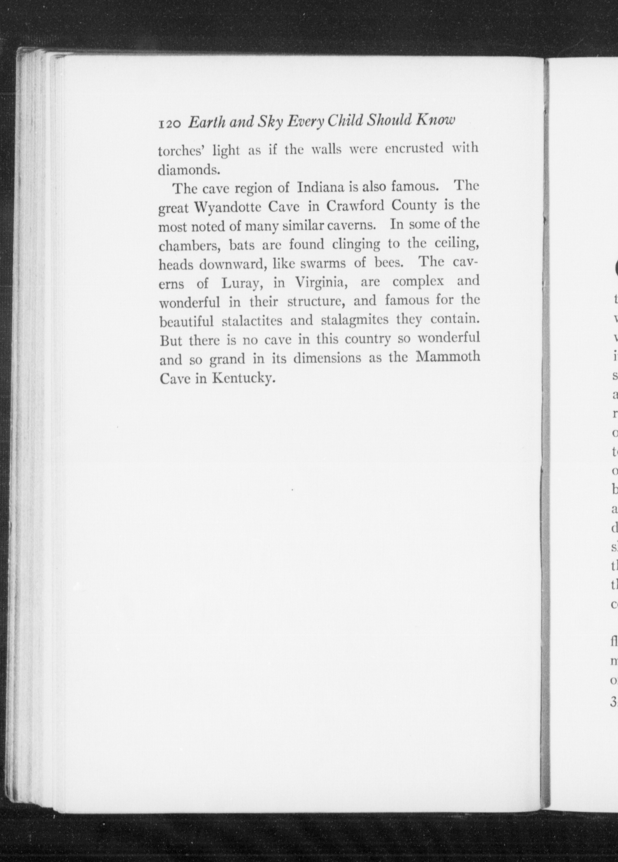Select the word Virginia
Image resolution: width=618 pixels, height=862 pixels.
(320, 283)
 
